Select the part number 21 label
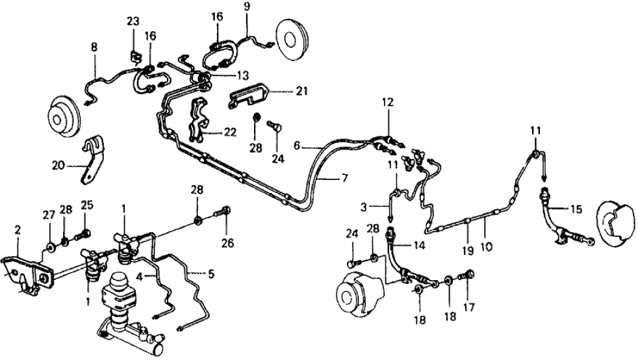click(x=301, y=92)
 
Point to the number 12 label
click(x=388, y=102)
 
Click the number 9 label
click(x=246, y=7)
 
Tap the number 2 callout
click(x=18, y=231)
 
